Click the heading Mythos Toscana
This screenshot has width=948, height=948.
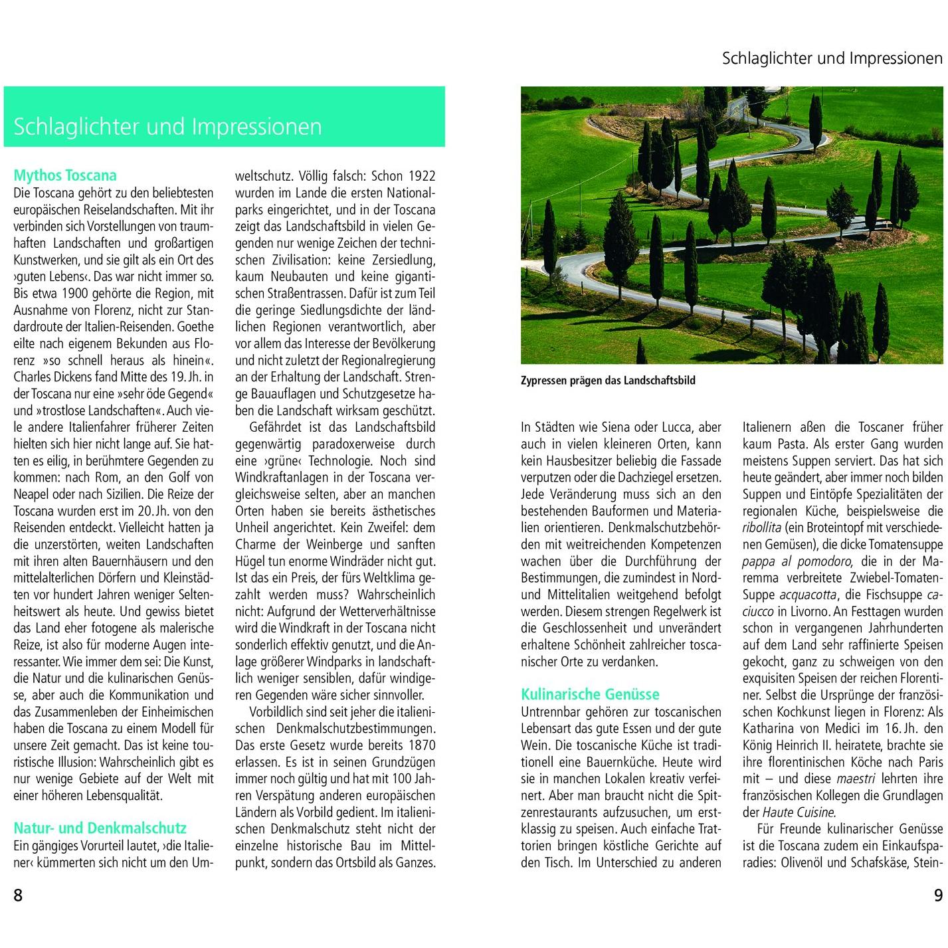click(x=65, y=175)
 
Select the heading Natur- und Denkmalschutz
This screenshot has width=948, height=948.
click(x=100, y=828)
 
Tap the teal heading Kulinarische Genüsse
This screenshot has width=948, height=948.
click(x=590, y=694)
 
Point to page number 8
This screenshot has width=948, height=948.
click(x=18, y=896)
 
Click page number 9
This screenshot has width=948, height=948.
click(x=938, y=896)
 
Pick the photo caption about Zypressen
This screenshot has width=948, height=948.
click(x=608, y=381)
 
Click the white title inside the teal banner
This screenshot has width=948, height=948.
click(x=167, y=126)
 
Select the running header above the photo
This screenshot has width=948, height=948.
click(x=832, y=58)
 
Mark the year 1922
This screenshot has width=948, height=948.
click(x=422, y=176)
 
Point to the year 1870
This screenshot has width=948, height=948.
click(x=422, y=745)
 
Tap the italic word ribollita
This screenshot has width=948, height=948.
click(x=762, y=528)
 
